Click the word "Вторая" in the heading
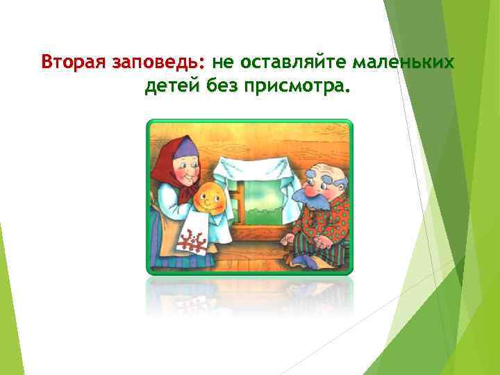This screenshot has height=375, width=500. tap(72, 62)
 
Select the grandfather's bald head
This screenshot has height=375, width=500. tap(322, 162)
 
